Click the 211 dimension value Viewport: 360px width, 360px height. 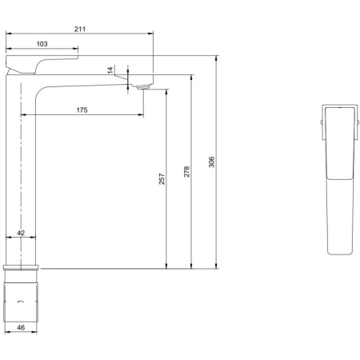[80, 29]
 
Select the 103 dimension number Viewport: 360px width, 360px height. [43, 43]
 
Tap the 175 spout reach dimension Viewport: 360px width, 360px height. [82, 110]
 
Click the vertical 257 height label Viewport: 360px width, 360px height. [161, 180]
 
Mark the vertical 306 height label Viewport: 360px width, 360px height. [212, 162]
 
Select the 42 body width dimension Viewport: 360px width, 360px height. [22, 233]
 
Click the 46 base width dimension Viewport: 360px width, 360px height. [22, 327]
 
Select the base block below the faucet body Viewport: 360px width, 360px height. [22, 300]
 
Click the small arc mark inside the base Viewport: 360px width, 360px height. [22, 302]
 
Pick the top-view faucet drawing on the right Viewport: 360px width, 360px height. [339, 180]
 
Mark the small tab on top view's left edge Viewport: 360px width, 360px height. [322, 122]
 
